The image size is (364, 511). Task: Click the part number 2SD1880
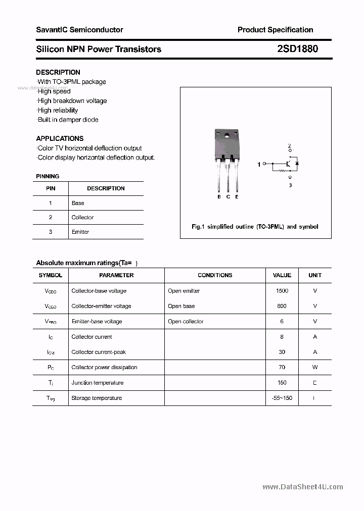click(297, 49)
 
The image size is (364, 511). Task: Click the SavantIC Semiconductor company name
click(79, 30)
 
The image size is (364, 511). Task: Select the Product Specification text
click(275, 30)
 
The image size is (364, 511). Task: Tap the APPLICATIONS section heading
click(60, 138)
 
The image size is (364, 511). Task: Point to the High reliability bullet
click(58, 110)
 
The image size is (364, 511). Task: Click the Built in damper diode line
click(68, 120)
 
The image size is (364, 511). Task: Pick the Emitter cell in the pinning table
click(80, 232)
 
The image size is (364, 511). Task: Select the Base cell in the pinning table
click(78, 203)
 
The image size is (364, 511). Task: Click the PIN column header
click(51, 188)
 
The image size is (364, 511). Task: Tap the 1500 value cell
click(282, 291)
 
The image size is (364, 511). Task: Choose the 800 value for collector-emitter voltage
click(282, 306)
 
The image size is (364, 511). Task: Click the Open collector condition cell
click(186, 321)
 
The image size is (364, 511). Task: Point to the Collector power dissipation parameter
click(104, 367)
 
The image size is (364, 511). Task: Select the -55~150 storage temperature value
click(282, 398)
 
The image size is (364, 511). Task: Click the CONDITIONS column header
click(215, 275)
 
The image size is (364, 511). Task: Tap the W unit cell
click(314, 367)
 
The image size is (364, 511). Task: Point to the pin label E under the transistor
click(237, 197)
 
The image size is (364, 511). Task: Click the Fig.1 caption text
click(255, 227)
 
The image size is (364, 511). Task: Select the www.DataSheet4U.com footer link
click(303, 487)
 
